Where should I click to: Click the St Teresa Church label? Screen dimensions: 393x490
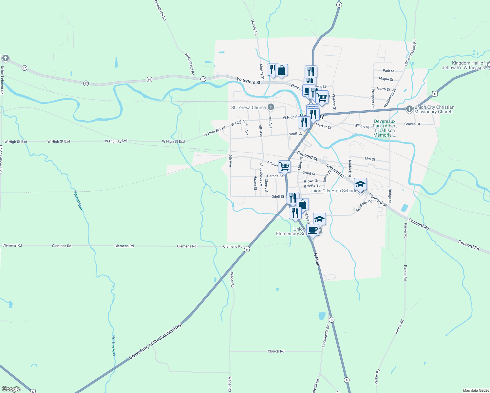[249, 107]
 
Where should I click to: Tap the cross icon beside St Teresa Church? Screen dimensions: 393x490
[271, 107]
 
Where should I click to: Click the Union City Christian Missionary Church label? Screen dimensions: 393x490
[434, 109]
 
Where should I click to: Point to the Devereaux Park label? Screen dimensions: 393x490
[385, 128]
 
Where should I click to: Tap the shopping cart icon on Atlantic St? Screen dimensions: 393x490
[284, 166]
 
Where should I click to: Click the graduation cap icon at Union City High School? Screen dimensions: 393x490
[360, 184]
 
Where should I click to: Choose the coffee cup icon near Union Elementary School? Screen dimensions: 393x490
[312, 229]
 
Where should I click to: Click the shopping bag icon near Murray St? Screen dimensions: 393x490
[281, 70]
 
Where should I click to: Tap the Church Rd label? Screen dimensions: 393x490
[276, 351]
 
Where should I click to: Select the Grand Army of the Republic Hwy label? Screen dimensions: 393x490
[155, 342]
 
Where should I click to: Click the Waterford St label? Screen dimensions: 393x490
[248, 81]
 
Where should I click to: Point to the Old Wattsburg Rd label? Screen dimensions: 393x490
[411, 52]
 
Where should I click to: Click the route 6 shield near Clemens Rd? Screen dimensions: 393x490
[247, 250]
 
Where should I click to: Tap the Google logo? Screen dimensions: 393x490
[11, 389]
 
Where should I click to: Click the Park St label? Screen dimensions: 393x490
[388, 71]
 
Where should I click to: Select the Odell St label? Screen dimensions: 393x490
[278, 196]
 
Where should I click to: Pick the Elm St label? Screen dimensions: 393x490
[370, 159]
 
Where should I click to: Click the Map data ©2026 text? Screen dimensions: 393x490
[475, 390]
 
